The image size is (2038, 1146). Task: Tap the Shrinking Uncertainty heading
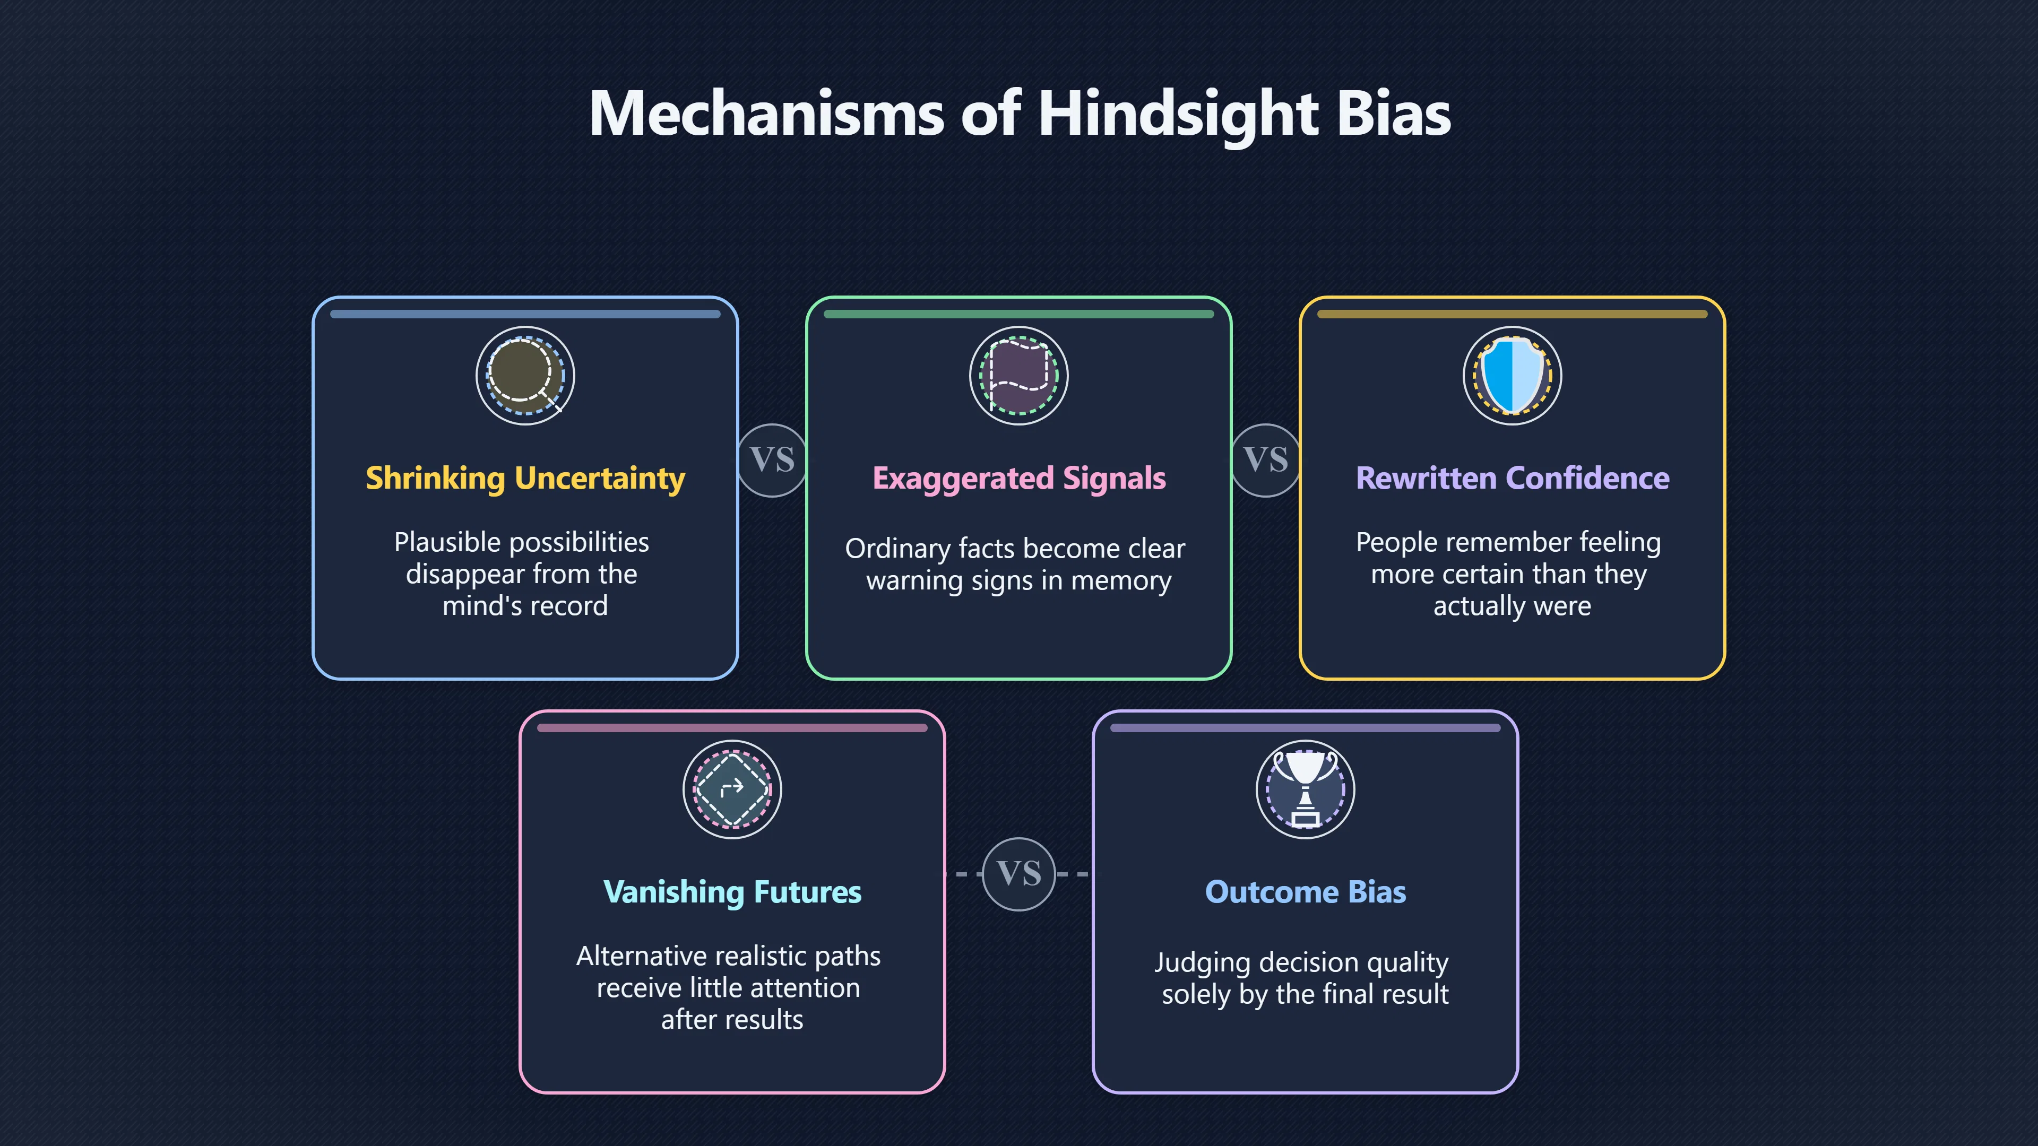click(x=525, y=479)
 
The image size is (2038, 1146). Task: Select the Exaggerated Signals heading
click(x=1019, y=479)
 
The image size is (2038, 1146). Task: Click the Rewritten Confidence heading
click(x=1513, y=479)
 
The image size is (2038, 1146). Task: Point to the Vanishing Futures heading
click(x=732, y=892)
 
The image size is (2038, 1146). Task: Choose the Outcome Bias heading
click(x=1306, y=892)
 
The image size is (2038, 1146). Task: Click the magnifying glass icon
click(x=525, y=376)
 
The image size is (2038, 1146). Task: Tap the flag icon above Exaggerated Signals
click(x=1019, y=376)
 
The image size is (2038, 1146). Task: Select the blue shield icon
click(x=1513, y=376)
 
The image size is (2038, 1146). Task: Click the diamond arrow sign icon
click(x=732, y=789)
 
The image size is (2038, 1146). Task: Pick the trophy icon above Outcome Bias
click(x=1306, y=789)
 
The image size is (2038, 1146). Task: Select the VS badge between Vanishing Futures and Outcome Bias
click(x=1019, y=874)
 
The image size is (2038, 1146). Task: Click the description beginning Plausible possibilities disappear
click(x=522, y=574)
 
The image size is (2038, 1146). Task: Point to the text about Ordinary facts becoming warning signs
click(x=1016, y=565)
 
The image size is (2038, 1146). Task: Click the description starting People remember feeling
click(x=1509, y=574)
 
